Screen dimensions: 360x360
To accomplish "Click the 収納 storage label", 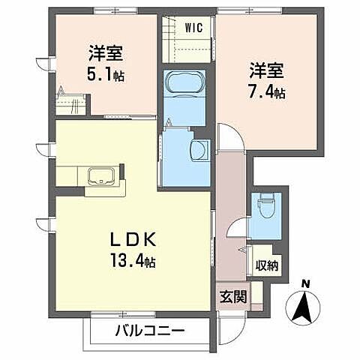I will (x=266, y=264).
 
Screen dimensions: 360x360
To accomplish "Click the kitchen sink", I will (x=102, y=177).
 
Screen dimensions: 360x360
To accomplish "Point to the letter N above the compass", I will (x=304, y=283).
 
